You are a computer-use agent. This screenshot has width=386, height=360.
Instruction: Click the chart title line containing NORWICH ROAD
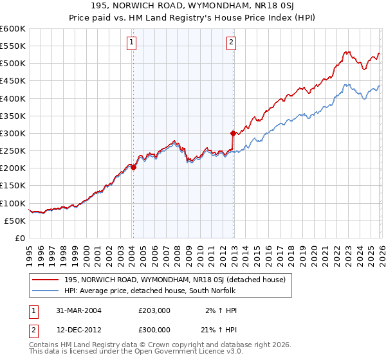pos(192,6)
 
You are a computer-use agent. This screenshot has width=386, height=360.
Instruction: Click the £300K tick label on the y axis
pos(12,133)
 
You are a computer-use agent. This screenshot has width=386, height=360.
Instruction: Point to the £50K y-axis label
pos(15,221)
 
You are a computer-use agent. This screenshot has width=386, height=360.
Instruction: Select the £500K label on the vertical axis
pos(12,63)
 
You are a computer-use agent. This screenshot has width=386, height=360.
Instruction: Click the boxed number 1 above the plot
pos(131,43)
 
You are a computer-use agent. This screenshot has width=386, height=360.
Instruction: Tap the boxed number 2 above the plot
pos(231,43)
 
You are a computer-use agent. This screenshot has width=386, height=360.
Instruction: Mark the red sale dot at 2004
pos(134,167)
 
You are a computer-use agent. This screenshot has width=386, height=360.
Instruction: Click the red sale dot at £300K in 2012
pos(233,133)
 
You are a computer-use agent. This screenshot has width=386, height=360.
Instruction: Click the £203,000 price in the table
pos(154,310)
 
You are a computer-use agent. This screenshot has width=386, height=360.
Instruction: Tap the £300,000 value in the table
pos(154,328)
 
